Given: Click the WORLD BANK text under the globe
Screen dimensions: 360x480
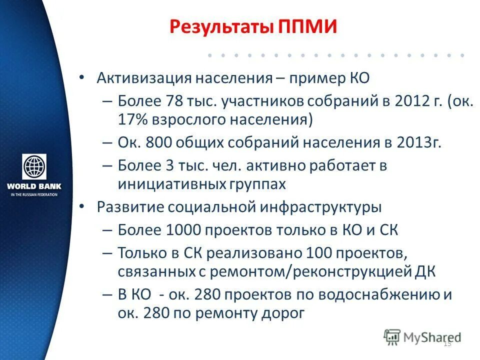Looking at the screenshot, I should tap(34, 186).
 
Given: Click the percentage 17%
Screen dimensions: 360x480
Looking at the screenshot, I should tap(131, 119).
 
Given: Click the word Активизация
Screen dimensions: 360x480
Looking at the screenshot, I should tap(143, 78).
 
